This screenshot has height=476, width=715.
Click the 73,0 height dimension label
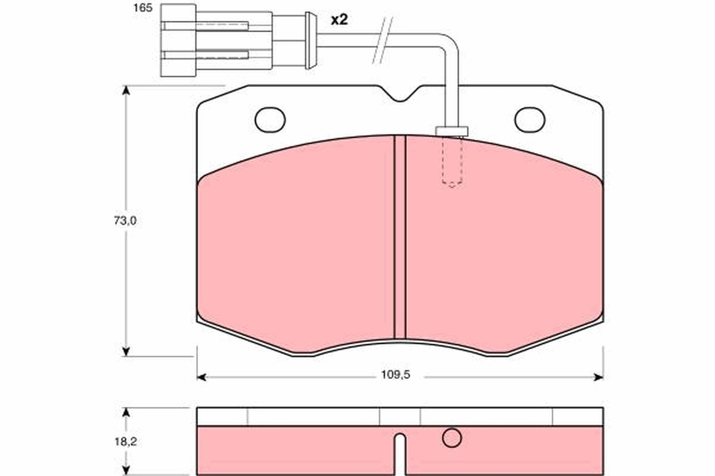point(126,221)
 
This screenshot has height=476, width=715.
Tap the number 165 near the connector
point(142,9)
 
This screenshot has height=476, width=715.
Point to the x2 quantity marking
point(338,20)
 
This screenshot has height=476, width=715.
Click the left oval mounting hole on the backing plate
point(270,120)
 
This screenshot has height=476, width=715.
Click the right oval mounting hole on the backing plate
point(530,120)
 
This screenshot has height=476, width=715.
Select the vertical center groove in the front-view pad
point(400,238)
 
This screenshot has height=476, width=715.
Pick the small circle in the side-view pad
point(452,438)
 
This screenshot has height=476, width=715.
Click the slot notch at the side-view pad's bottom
point(400,455)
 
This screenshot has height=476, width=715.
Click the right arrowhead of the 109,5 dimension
point(598,376)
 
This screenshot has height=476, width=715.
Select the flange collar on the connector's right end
point(310,40)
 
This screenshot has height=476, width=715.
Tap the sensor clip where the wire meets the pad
point(452,131)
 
